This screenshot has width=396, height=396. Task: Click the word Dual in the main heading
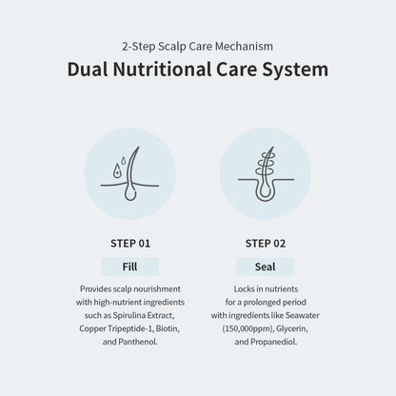(88, 69)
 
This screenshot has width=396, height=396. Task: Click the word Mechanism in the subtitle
(244, 47)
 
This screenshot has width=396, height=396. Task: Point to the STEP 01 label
(130, 244)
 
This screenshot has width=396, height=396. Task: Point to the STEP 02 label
(266, 244)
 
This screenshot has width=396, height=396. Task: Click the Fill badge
(130, 267)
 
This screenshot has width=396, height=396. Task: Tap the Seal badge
(266, 267)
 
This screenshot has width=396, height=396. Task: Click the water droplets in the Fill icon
(119, 168)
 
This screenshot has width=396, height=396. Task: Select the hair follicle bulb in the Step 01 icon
(129, 193)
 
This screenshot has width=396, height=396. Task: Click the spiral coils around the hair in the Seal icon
(266, 164)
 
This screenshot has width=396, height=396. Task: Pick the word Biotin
(168, 328)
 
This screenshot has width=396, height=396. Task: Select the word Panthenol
(138, 342)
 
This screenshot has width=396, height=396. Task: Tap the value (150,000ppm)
(248, 328)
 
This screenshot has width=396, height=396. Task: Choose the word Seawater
(303, 315)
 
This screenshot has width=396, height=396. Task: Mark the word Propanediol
(274, 342)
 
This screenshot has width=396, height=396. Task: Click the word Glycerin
(292, 328)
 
